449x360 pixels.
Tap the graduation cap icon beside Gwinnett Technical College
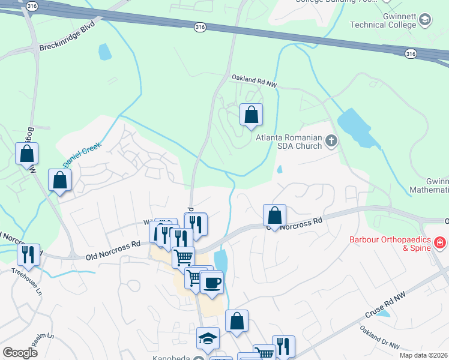pyautogui.click(x=425, y=20)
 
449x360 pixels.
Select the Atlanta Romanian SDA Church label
pyautogui.click(x=289, y=142)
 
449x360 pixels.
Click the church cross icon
pyautogui.click(x=330, y=142)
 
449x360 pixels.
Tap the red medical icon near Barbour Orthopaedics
pyautogui.click(x=439, y=243)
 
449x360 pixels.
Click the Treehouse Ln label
pyautogui.click(x=27, y=280)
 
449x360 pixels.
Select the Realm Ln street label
pyautogui.click(x=43, y=340)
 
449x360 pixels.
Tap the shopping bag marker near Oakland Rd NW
pyautogui.click(x=251, y=115)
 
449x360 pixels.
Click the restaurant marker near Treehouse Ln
pyautogui.click(x=28, y=254)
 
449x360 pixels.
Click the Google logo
pyautogui.click(x=20, y=352)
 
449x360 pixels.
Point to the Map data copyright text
pyautogui.click(x=424, y=355)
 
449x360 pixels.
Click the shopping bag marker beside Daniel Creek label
pyautogui.click(x=60, y=180)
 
